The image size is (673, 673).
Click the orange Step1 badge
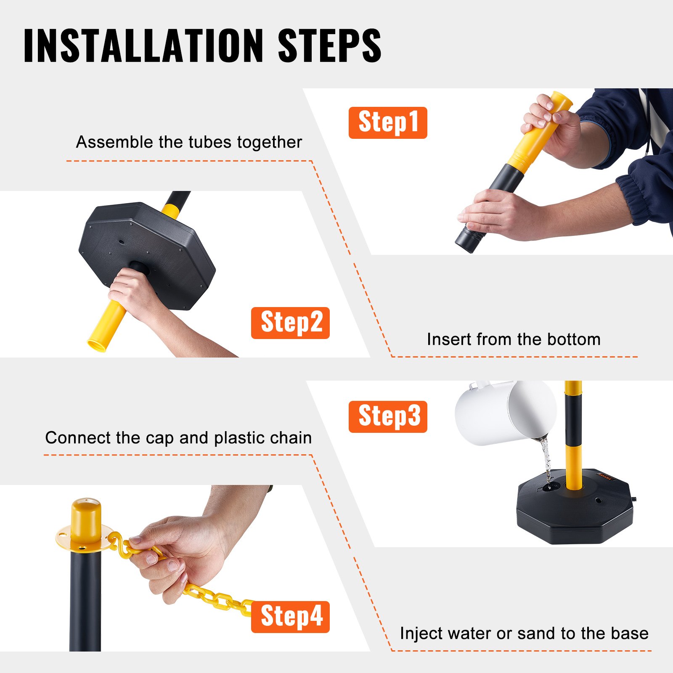click(387, 122)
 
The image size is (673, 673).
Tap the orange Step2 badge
click(290, 323)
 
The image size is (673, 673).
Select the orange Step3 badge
click(387, 416)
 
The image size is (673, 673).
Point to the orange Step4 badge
click(290, 617)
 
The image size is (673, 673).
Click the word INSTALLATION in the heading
click(143, 45)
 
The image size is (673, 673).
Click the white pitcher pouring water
click(505, 412)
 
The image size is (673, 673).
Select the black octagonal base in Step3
click(574, 517)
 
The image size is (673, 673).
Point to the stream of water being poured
click(546, 458)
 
